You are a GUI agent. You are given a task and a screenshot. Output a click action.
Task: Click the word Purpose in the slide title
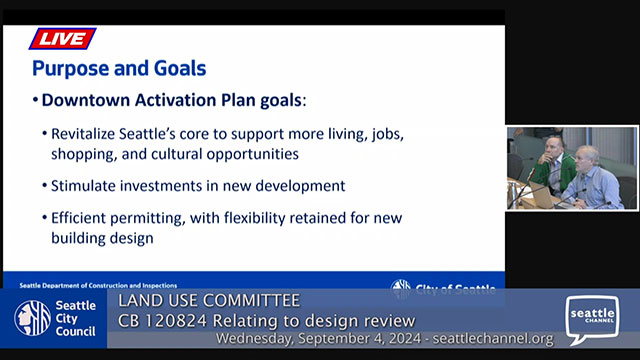tap(69, 69)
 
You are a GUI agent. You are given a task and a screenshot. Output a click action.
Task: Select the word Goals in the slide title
tap(176, 69)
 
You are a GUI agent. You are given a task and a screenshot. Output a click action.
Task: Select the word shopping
tap(87, 154)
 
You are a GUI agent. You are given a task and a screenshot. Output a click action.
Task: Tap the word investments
tap(168, 186)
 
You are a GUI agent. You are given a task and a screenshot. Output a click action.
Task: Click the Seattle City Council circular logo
tap(32, 318)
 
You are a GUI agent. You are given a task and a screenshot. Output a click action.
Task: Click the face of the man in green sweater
tap(551, 148)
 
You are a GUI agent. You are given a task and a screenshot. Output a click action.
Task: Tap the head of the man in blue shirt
tap(587, 156)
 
